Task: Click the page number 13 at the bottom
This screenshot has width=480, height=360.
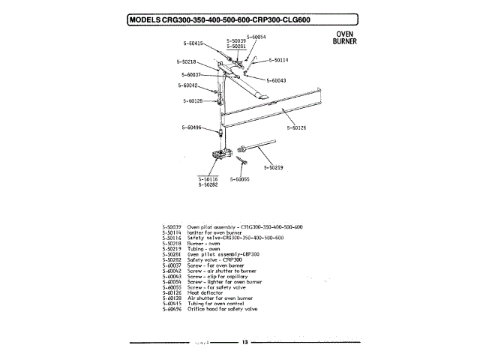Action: pos(244,343)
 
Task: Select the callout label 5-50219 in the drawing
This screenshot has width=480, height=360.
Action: pos(272,168)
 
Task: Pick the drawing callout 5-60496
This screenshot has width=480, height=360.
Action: pos(193,127)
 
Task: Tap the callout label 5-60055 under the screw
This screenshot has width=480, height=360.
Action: pos(238,179)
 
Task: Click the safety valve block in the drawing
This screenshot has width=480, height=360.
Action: pos(220,157)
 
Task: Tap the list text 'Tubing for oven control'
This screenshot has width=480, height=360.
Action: pos(214,304)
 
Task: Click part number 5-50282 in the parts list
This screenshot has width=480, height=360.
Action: pos(173,259)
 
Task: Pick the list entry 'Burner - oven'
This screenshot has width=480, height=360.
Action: pos(203,243)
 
